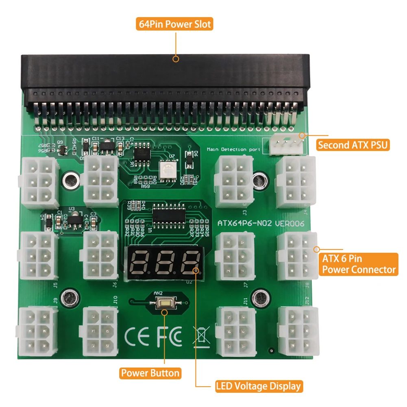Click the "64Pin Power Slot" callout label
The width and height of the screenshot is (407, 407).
(175, 24)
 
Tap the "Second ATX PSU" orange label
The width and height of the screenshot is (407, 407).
(353, 145)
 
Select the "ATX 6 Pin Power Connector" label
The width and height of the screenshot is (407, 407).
(358, 264)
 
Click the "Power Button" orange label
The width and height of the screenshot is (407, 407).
(150, 373)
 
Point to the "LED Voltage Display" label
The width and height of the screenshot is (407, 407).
(259, 386)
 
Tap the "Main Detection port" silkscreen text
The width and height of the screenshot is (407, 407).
(233, 150)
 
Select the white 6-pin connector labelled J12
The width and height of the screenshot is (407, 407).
(298, 331)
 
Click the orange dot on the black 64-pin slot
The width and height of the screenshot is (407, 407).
(176, 59)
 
